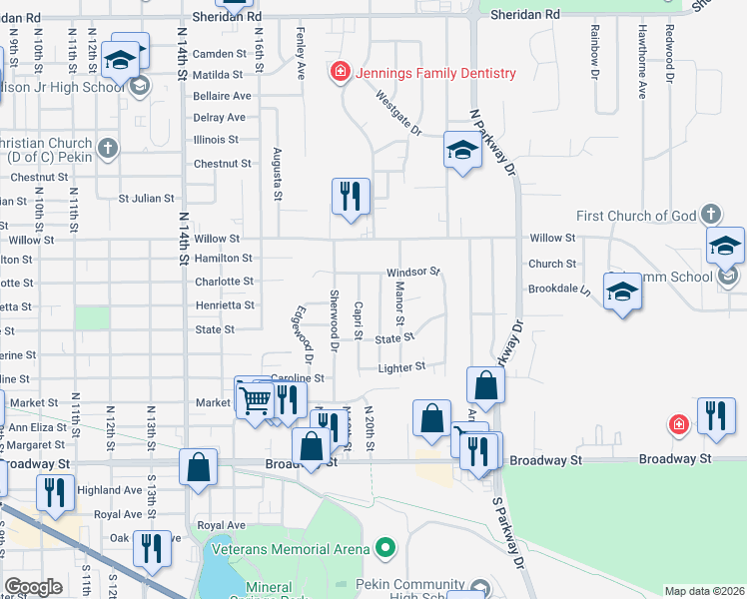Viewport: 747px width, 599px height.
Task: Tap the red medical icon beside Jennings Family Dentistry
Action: coord(341,73)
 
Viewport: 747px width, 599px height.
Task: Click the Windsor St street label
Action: coord(413,272)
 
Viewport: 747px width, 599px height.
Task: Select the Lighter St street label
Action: coord(402,366)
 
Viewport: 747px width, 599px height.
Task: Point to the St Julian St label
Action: coord(147,199)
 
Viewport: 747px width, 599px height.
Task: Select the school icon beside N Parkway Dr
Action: coord(462,150)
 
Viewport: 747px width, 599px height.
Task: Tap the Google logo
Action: coord(33,587)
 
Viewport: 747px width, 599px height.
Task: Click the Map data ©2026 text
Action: coord(705,591)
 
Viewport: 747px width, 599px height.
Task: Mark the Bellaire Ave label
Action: coord(223,96)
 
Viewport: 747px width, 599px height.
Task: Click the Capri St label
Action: coord(358,320)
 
